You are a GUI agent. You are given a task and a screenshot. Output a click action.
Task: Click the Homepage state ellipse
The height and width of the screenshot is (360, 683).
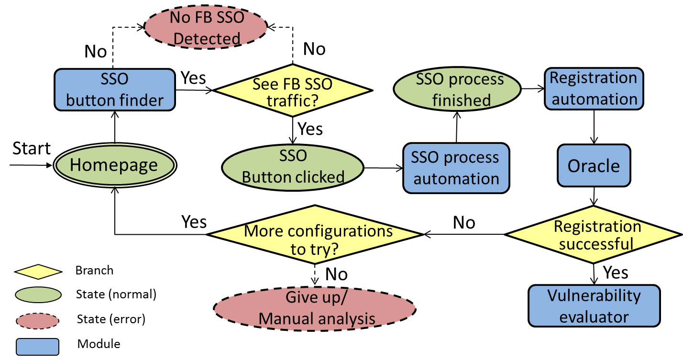[114, 165]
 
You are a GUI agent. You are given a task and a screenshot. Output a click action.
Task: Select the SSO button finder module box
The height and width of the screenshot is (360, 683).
[114, 90]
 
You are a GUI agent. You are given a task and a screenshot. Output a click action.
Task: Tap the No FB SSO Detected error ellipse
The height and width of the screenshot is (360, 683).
[207, 29]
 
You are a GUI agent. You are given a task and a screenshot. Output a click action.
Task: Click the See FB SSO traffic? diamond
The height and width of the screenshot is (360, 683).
[292, 90]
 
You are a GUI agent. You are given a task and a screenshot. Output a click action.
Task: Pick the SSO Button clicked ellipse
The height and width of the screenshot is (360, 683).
[293, 167]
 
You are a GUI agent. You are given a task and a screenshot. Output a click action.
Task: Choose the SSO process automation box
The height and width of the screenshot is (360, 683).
[456, 168]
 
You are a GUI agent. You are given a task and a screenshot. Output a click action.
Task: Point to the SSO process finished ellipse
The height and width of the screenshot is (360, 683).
[456, 90]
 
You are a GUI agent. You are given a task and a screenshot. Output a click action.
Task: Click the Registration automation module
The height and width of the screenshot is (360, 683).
[594, 89]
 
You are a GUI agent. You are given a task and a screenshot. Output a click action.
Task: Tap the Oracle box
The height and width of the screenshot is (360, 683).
[594, 166]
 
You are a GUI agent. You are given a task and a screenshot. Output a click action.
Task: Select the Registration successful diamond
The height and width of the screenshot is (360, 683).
[594, 235]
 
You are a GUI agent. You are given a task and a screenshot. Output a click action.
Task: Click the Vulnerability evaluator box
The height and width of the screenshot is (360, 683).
[594, 306]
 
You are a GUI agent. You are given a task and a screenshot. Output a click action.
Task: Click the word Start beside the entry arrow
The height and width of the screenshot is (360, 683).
[32, 149]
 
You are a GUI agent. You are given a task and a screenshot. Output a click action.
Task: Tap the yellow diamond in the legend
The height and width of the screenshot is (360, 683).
[38, 272]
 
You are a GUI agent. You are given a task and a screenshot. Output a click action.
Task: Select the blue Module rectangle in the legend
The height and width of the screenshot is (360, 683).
[37, 346]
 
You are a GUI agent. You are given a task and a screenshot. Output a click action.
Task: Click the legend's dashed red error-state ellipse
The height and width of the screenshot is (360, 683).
[37, 321]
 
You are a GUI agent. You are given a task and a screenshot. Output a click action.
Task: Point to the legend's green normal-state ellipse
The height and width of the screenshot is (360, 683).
[37, 295]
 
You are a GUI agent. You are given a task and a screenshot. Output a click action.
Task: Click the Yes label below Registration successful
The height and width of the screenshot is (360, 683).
[616, 273]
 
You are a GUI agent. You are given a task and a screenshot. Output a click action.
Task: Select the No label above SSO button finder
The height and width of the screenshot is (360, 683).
[96, 52]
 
